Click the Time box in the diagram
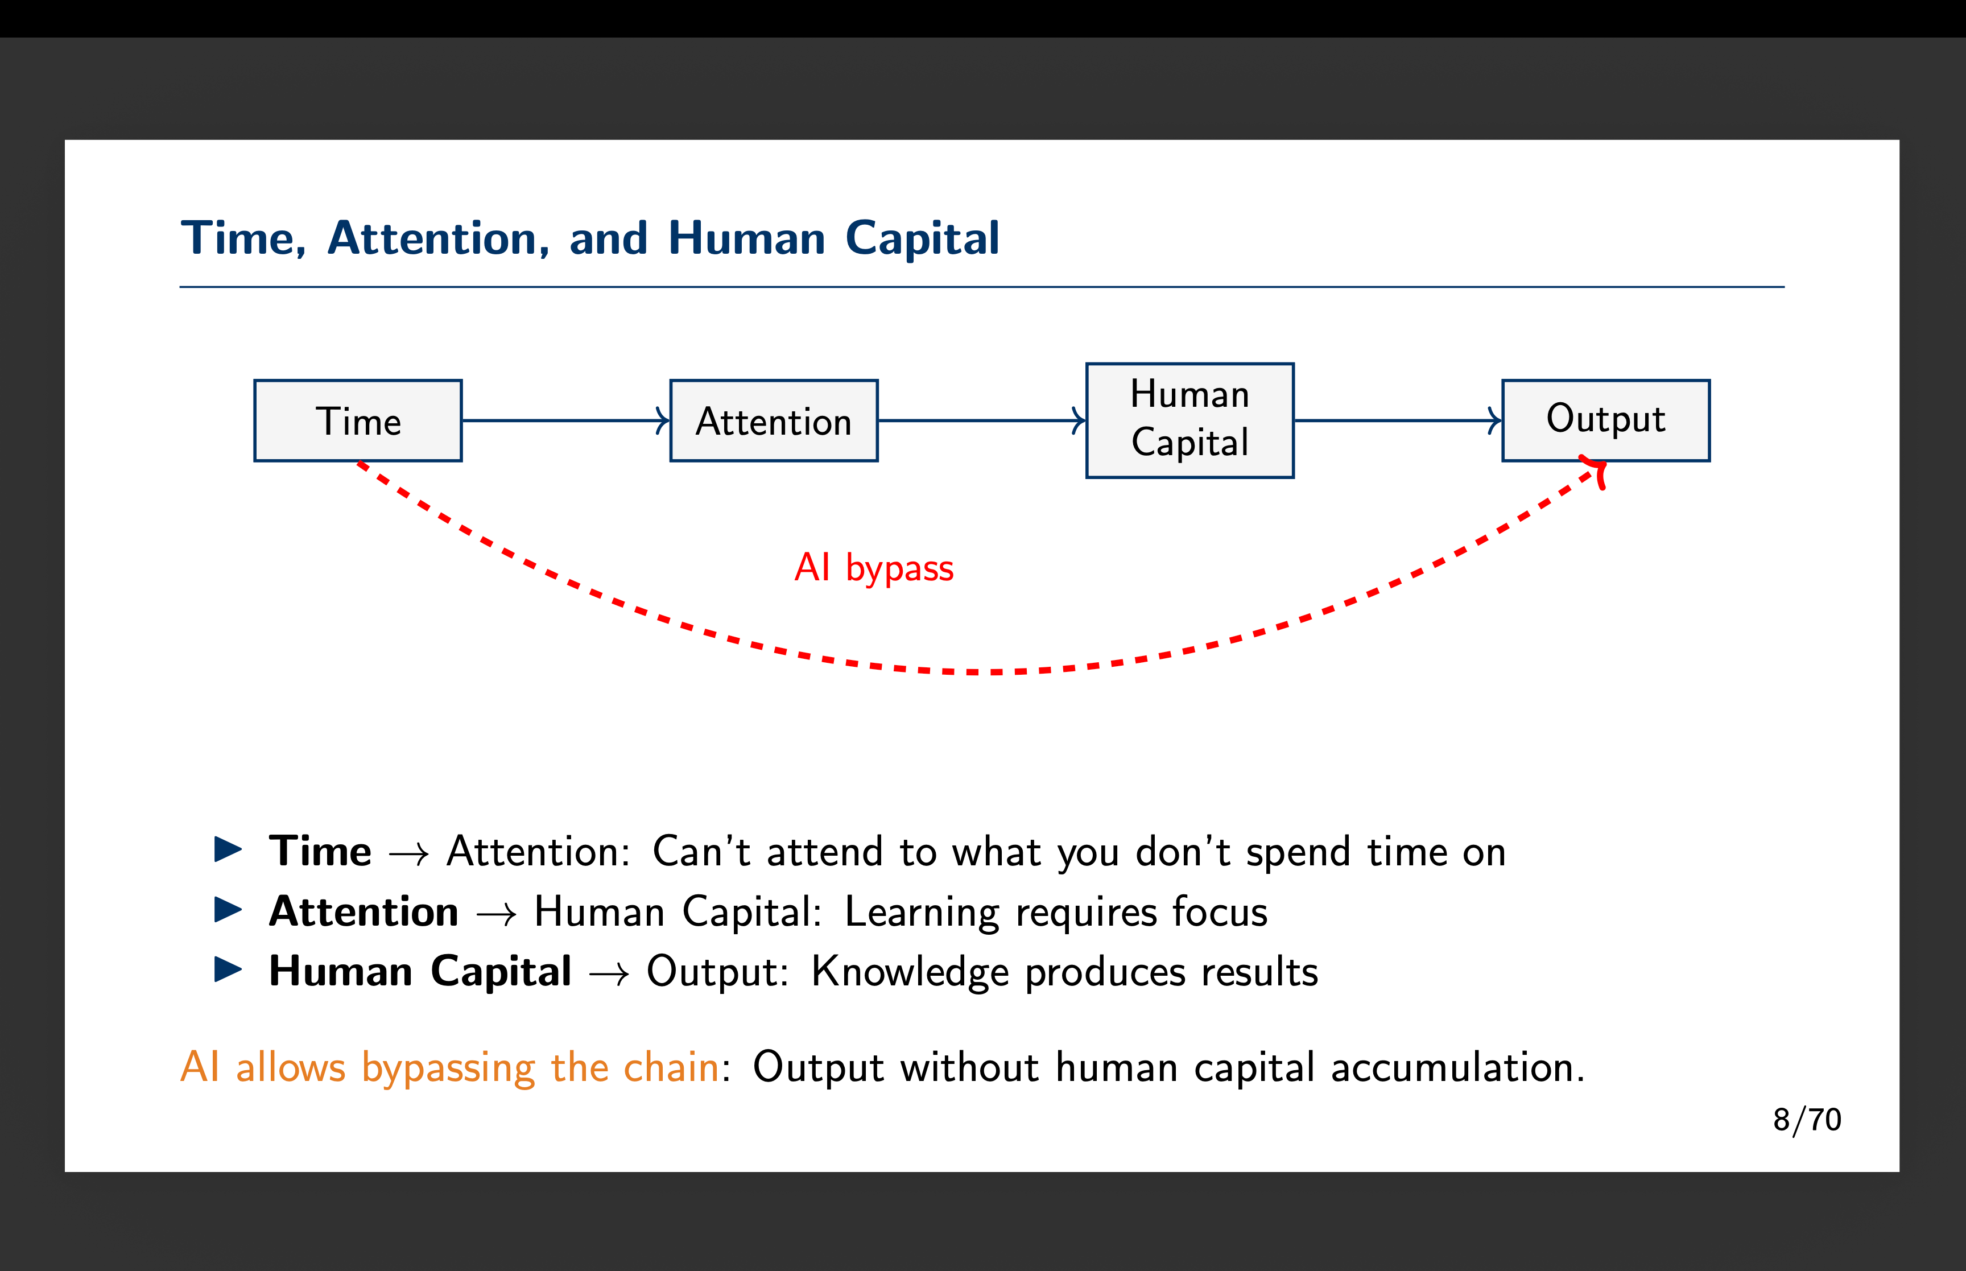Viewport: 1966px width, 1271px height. pos(357,421)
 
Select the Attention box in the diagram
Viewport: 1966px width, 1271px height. pos(773,421)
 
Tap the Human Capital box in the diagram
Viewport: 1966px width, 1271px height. pos(1189,420)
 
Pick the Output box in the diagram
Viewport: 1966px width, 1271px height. pos(1605,420)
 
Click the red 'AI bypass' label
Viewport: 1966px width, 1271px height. pos(874,568)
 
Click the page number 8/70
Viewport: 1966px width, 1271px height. pos(1807,1120)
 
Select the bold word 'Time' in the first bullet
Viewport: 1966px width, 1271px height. pos(320,851)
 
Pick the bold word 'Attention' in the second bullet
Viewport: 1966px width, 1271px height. pos(364,911)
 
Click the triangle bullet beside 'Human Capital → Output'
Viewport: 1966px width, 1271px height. pos(228,970)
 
